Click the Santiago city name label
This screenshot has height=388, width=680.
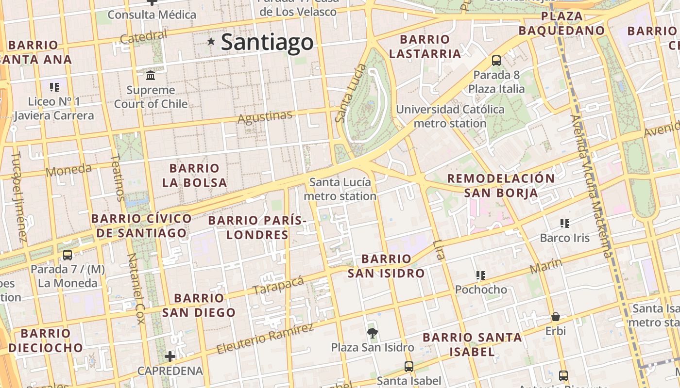[x=267, y=42]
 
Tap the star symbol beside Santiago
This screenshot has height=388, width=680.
[x=211, y=42]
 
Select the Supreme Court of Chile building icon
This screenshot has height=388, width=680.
[x=151, y=76]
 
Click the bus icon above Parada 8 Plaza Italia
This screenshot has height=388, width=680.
[x=496, y=61]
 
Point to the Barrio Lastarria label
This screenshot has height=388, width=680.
[x=425, y=47]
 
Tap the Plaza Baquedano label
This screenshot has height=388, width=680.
[x=561, y=23]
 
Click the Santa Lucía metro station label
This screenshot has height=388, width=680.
[x=340, y=189]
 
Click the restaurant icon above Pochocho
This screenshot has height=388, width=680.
[x=481, y=275]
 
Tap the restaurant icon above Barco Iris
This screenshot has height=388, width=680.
[x=564, y=224]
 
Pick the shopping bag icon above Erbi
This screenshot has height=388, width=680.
[x=555, y=317]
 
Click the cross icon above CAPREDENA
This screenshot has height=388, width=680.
[x=170, y=356]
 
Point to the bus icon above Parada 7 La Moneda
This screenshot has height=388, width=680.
[x=68, y=255]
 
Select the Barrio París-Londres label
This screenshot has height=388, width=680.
[x=257, y=227]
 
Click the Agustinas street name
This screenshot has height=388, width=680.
[x=265, y=117]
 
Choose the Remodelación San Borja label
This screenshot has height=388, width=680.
[x=501, y=185]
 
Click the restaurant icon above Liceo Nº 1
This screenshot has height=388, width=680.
[x=54, y=87]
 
